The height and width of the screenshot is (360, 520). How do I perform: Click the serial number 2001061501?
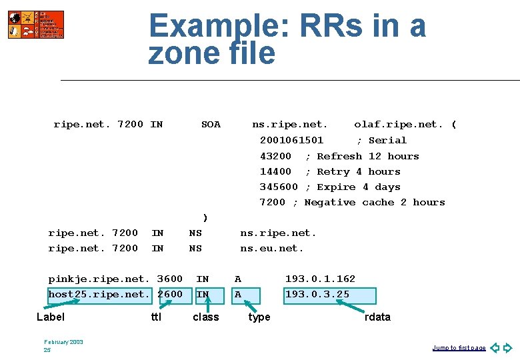click(291, 140)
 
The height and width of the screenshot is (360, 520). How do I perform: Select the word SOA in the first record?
click(211, 125)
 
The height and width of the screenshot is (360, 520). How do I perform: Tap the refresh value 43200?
click(275, 156)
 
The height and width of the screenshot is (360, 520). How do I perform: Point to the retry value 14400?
click(275, 171)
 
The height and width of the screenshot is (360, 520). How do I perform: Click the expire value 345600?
click(279, 187)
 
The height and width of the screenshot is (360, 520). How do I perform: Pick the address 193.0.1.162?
click(320, 279)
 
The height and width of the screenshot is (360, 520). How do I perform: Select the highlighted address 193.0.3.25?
click(317, 294)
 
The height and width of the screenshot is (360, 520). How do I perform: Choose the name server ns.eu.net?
click(272, 248)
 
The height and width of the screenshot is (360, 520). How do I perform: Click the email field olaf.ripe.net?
click(398, 125)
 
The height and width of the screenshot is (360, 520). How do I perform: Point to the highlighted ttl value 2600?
click(170, 294)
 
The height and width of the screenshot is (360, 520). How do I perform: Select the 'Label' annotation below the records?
click(51, 317)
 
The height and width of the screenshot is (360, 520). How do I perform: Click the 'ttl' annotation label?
click(156, 317)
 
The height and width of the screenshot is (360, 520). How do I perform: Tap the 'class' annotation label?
click(205, 317)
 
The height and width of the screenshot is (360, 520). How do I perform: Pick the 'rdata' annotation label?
click(377, 317)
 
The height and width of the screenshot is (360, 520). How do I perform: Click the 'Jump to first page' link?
click(459, 348)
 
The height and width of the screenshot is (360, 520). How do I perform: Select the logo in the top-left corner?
click(36, 25)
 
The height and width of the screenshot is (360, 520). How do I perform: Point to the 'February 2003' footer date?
click(63, 342)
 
